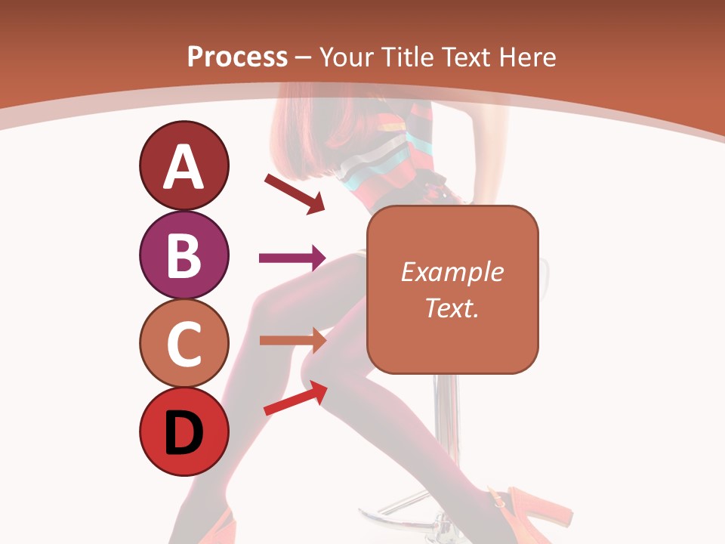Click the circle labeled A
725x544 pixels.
point(184,165)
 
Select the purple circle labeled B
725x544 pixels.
point(184,255)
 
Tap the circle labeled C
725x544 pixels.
point(184,343)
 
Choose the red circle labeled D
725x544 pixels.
point(184,431)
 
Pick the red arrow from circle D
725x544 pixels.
point(295,398)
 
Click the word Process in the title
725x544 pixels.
point(237,57)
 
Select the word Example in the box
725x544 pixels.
point(452,272)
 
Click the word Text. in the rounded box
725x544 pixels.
point(452,308)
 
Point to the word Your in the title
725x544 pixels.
point(344,57)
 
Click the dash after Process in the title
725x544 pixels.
point(304,58)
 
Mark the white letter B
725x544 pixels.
point(184,255)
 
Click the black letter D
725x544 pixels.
point(184,433)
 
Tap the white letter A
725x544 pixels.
point(184,167)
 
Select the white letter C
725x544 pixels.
point(184,344)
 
